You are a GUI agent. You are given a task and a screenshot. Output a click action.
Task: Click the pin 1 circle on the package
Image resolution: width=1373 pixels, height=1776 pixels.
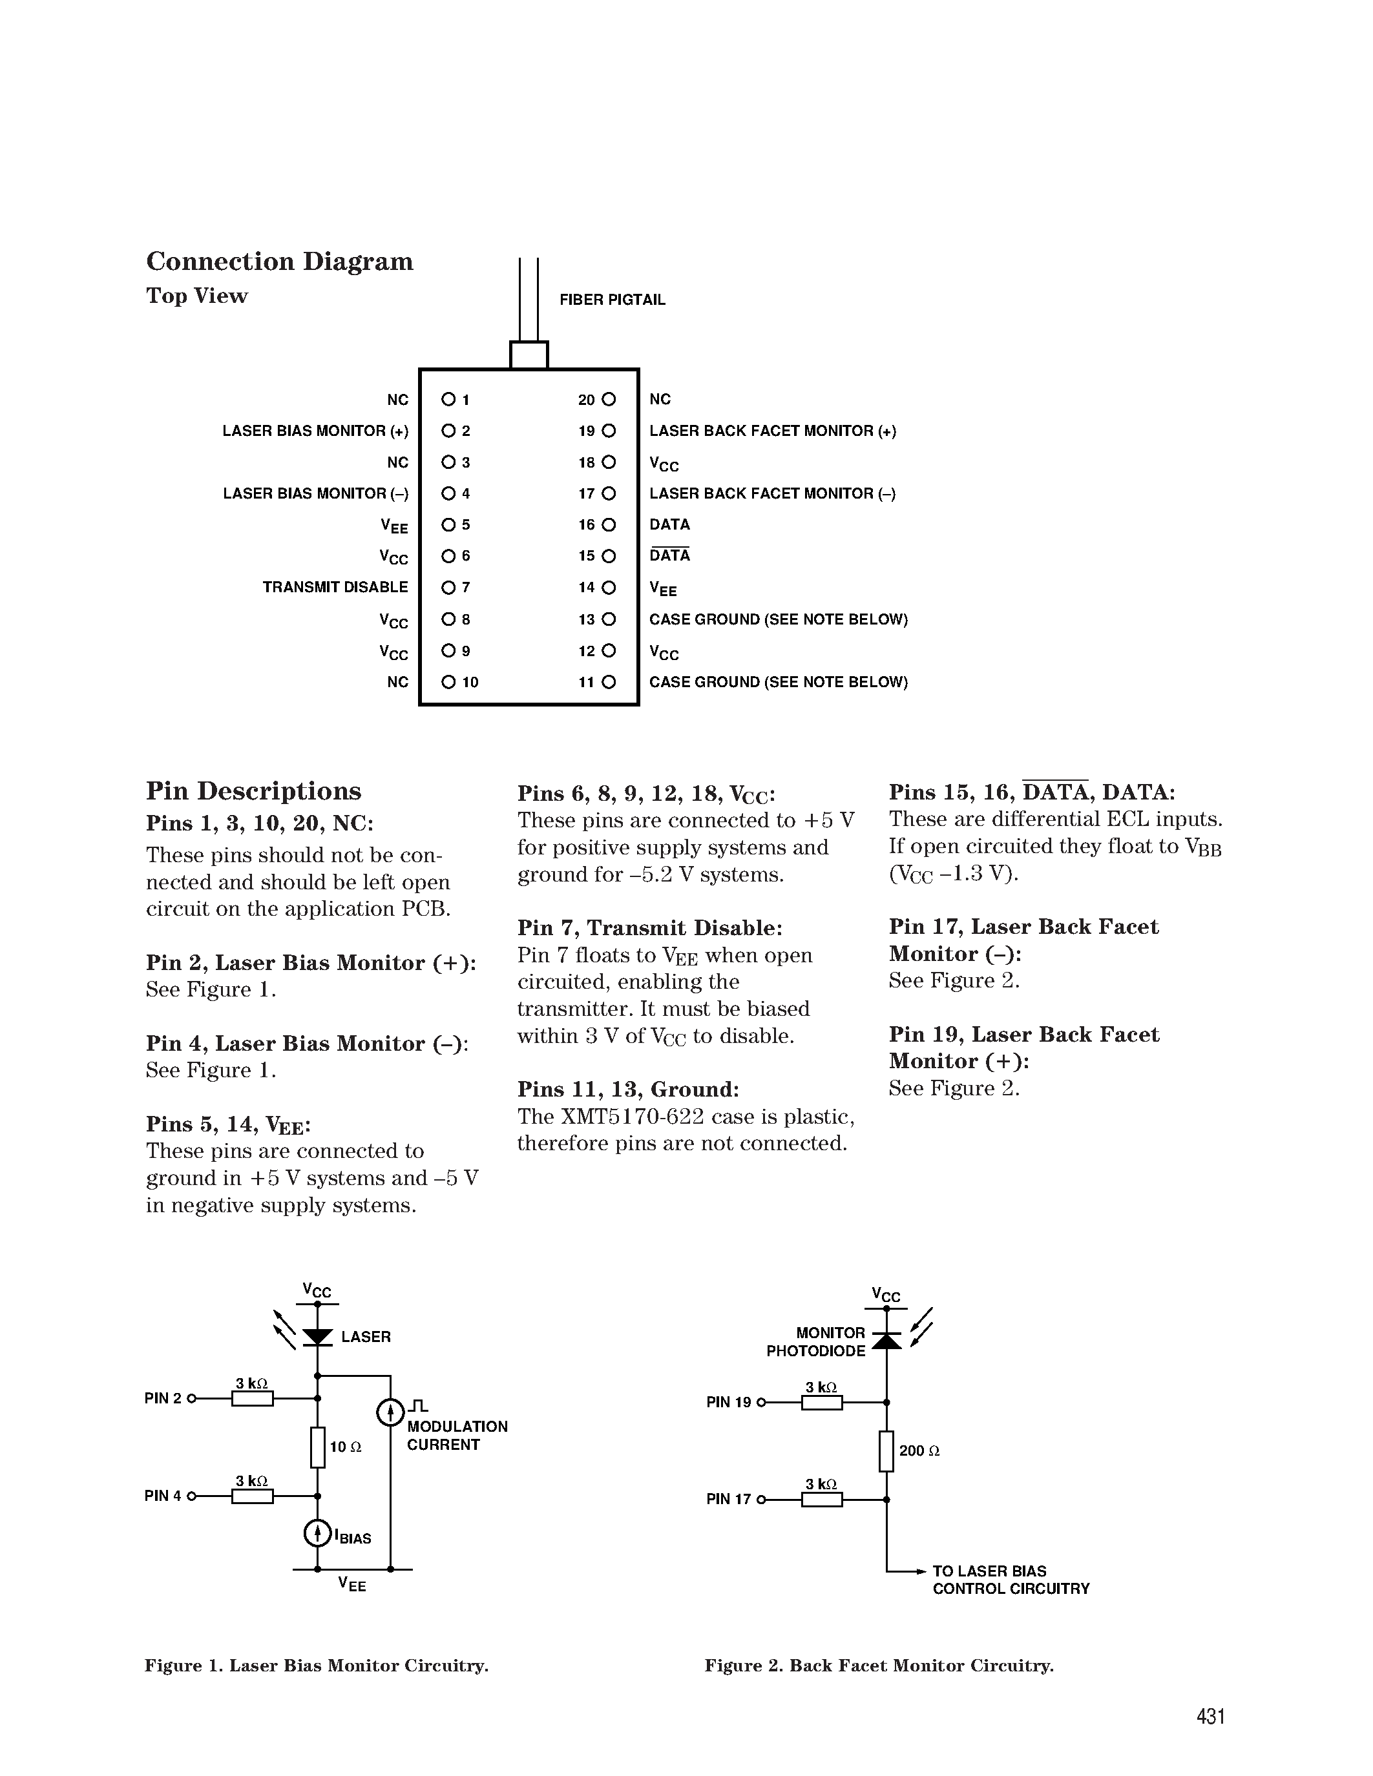pyautogui.click(x=448, y=399)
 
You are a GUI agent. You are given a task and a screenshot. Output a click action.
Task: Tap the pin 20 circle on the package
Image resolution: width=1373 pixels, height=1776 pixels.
pyautogui.click(x=609, y=399)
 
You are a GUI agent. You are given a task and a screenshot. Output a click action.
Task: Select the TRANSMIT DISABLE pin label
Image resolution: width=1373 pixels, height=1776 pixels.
pyautogui.click(x=335, y=587)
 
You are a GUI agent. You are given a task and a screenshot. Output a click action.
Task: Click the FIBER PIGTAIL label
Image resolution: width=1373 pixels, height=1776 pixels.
pyautogui.click(x=612, y=300)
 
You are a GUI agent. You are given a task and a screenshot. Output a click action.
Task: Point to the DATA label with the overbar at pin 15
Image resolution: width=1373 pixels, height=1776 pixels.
pyautogui.click(x=669, y=555)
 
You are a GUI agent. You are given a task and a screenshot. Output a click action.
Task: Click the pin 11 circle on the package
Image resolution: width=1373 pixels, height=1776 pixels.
pyautogui.click(x=609, y=682)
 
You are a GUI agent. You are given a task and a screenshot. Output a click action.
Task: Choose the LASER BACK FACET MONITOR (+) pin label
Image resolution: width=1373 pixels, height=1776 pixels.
pyautogui.click(x=772, y=431)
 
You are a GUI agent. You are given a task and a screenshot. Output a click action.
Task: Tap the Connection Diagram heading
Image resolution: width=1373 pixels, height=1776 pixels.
pyautogui.click(x=280, y=262)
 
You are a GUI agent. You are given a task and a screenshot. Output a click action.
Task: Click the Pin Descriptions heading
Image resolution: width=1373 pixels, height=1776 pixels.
pyautogui.click(x=254, y=791)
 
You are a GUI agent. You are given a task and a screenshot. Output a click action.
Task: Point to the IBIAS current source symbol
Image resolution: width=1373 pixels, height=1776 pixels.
pyautogui.click(x=317, y=1533)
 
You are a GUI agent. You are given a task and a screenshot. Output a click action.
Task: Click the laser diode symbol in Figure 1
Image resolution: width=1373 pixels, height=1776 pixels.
pyautogui.click(x=317, y=1337)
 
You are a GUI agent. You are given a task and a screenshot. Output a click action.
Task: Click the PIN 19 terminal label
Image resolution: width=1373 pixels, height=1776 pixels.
pyautogui.click(x=729, y=1403)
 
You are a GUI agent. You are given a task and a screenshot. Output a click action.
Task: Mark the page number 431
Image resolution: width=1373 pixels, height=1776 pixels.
pyautogui.click(x=1210, y=1717)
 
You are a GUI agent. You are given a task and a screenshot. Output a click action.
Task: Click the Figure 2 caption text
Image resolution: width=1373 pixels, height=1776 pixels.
pyautogui.click(x=879, y=1666)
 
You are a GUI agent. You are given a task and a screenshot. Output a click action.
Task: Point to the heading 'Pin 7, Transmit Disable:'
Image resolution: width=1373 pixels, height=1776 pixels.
pyautogui.click(x=650, y=928)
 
